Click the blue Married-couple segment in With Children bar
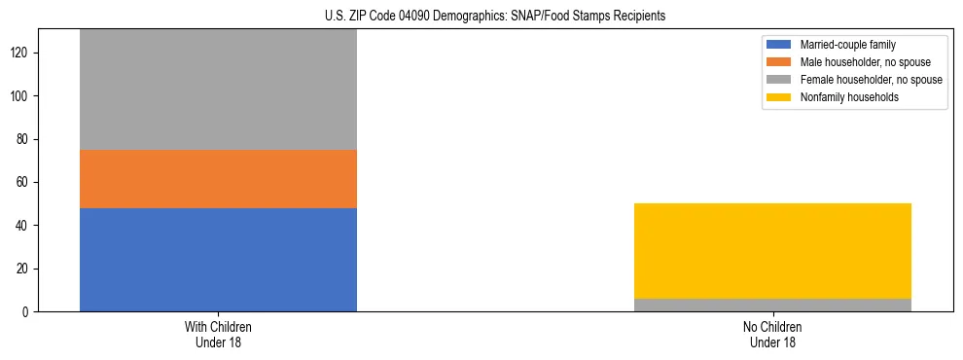pyautogui.click(x=218, y=260)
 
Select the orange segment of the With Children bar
pyautogui.click(x=218, y=179)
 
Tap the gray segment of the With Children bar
pyautogui.click(x=218, y=90)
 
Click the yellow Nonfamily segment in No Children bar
pyautogui.click(x=772, y=251)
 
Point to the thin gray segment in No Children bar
pyautogui.click(x=772, y=305)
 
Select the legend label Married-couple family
pyautogui.click(x=848, y=45)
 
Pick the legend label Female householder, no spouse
pyautogui.click(x=870, y=80)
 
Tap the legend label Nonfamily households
pyautogui.click(x=849, y=97)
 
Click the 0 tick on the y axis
pyautogui.click(x=26, y=311)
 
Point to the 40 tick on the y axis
pyautogui.click(x=23, y=226)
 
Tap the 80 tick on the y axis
pyautogui.click(x=23, y=139)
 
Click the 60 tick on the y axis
pyautogui.click(x=23, y=182)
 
